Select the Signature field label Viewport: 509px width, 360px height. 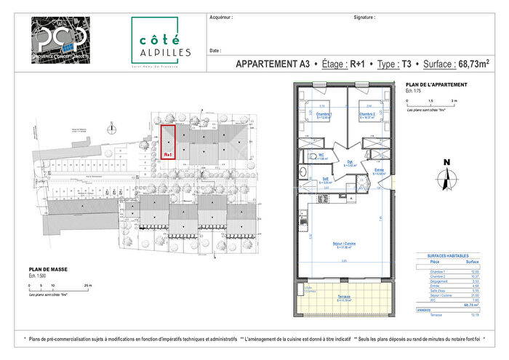coord(364,15)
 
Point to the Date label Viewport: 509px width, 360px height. coord(215,51)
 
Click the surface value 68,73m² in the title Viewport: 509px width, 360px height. coord(462,64)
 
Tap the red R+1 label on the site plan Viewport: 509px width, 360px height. coord(167,154)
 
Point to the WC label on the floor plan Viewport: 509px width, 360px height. coord(321,155)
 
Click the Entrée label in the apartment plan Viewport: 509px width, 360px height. coord(379,170)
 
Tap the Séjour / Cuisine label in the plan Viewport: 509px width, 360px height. coord(344,245)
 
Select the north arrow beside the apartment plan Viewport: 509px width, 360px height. coord(446,176)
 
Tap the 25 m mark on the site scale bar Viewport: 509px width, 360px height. coord(89,286)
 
